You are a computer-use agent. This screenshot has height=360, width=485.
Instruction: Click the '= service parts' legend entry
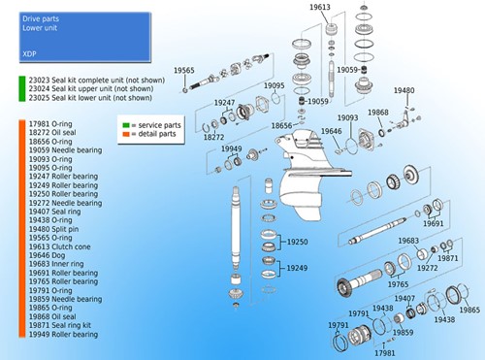coord(154,125)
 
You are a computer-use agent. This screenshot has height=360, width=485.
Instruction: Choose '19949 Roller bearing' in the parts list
coord(63,334)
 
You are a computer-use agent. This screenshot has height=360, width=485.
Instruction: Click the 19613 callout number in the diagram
coord(319,8)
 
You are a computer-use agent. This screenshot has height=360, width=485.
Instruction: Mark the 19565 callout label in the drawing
coord(184,71)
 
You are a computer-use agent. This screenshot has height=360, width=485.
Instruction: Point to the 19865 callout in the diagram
coord(469,310)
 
